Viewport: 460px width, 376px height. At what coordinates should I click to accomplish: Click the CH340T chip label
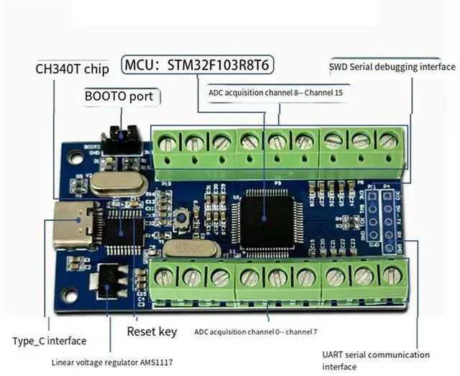72,69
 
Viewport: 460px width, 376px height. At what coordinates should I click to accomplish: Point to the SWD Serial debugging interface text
392,67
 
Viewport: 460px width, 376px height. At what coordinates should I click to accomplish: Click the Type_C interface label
49,340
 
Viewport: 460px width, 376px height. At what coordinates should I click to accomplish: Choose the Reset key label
152,331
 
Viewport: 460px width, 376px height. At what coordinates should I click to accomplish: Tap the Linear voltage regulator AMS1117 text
111,362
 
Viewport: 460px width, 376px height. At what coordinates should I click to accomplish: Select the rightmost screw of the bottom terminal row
392,275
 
